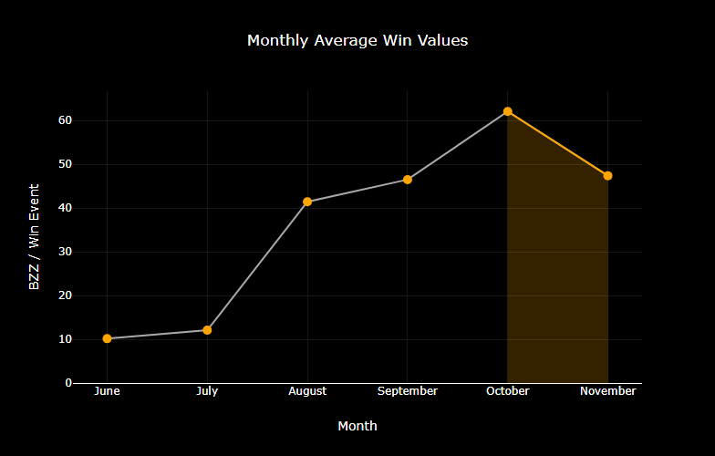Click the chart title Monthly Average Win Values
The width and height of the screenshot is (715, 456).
click(x=357, y=41)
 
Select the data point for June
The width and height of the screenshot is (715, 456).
click(x=108, y=338)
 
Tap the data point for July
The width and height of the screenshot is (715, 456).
click(x=207, y=330)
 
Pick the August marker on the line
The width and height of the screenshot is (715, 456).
click(x=307, y=202)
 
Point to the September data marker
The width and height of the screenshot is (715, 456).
click(x=408, y=180)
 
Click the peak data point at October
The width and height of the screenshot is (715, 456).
click(x=507, y=111)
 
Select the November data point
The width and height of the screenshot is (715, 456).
click(x=607, y=175)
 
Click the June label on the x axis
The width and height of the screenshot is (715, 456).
click(x=108, y=391)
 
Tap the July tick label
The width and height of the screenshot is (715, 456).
click(x=207, y=391)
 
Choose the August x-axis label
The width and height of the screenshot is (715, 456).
click(x=307, y=391)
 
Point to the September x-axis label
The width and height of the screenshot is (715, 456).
click(x=408, y=391)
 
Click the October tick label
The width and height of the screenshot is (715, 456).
click(x=507, y=391)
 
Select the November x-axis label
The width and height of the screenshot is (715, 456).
click(x=607, y=391)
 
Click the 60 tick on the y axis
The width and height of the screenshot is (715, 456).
click(x=66, y=120)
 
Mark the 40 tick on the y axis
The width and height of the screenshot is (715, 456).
click(x=66, y=208)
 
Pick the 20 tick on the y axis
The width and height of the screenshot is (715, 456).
click(x=66, y=295)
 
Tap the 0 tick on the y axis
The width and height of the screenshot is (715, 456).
click(x=68, y=383)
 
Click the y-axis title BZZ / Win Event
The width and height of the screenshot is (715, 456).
click(x=35, y=237)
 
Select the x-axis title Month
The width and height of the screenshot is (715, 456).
click(x=357, y=426)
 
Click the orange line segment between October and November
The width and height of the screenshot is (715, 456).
click(x=557, y=143)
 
